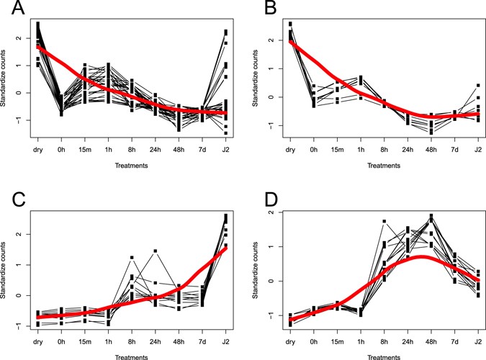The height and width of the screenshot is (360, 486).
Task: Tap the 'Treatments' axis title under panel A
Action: tap(128, 165)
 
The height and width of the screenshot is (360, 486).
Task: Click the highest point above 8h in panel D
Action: tap(386, 221)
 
